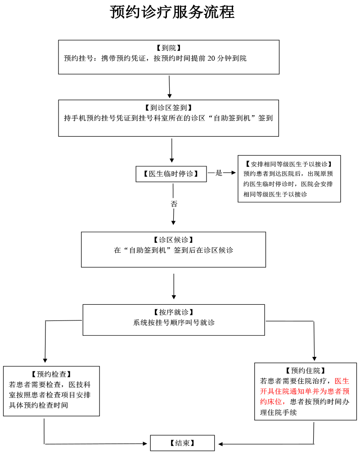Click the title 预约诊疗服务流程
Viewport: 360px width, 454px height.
pos(172,12)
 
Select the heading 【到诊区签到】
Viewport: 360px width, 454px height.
pos(169,108)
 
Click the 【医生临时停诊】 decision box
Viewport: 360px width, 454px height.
pos(171,174)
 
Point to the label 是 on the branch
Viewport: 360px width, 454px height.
pos(219,173)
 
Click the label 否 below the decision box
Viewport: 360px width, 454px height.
pos(174,204)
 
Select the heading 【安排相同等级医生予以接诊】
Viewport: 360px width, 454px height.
pos(289,164)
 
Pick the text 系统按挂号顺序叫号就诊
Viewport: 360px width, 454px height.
pos(174,323)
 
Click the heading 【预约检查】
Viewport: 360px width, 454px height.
pos(51,374)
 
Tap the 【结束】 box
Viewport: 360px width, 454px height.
pos(182,443)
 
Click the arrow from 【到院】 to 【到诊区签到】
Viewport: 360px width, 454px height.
pos(170,87)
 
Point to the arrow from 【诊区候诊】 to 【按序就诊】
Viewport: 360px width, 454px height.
pos(174,287)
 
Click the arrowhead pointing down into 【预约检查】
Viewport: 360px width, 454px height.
pos(45,359)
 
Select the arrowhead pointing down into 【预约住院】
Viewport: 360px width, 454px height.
pos(314,358)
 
